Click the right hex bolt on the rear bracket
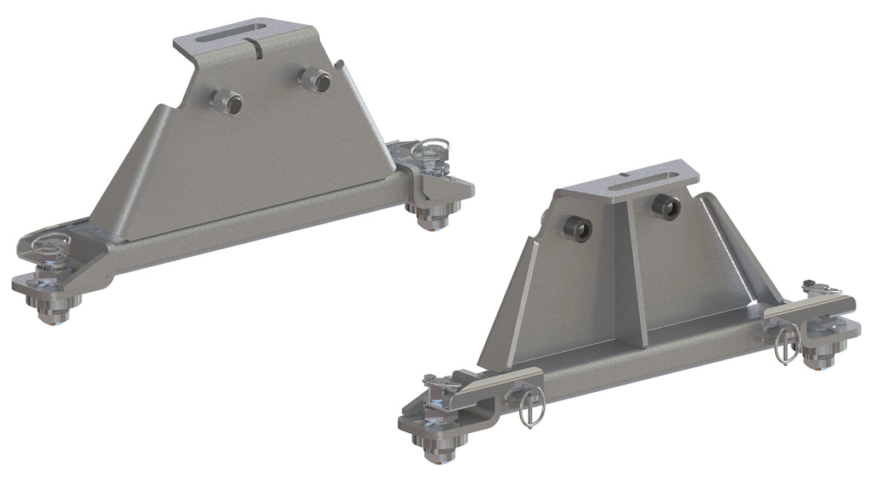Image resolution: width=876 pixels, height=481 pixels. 313,80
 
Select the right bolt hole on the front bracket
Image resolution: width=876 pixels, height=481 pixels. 666,206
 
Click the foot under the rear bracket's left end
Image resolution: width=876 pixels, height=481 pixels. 53,306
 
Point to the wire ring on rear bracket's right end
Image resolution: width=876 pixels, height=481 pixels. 425,150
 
